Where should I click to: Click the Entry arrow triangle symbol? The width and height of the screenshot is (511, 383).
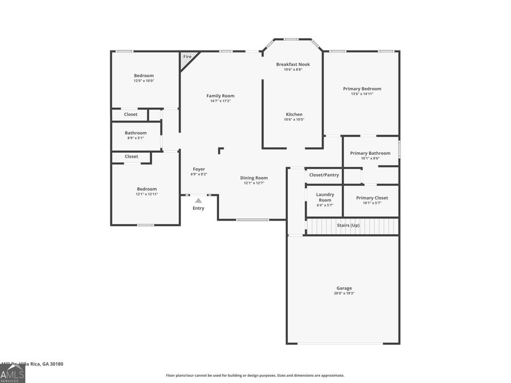click(x=198, y=200)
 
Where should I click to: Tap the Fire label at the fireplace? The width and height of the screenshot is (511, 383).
click(x=186, y=57)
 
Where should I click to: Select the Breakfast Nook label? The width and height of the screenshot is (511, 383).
click(x=293, y=64)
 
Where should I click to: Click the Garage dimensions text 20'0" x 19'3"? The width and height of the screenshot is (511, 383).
click(x=344, y=293)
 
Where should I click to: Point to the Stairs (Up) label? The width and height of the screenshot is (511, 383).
click(x=348, y=225)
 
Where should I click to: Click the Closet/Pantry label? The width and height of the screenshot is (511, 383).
click(x=324, y=175)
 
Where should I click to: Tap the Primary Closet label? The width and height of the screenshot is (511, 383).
click(x=372, y=197)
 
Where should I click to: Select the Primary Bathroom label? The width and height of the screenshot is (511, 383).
click(x=370, y=153)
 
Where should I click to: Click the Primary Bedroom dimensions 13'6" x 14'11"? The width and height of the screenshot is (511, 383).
click(x=362, y=94)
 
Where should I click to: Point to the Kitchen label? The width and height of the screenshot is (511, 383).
click(x=294, y=114)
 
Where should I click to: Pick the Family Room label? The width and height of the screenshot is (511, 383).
click(x=220, y=96)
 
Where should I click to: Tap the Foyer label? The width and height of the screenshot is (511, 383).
click(x=199, y=169)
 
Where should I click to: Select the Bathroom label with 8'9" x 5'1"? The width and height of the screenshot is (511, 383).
click(x=136, y=133)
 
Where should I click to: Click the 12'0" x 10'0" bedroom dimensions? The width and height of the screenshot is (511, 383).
click(x=144, y=81)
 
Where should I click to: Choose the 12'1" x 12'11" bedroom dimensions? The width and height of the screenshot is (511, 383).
click(x=146, y=194)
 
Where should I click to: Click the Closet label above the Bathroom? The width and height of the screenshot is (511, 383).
click(x=131, y=114)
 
